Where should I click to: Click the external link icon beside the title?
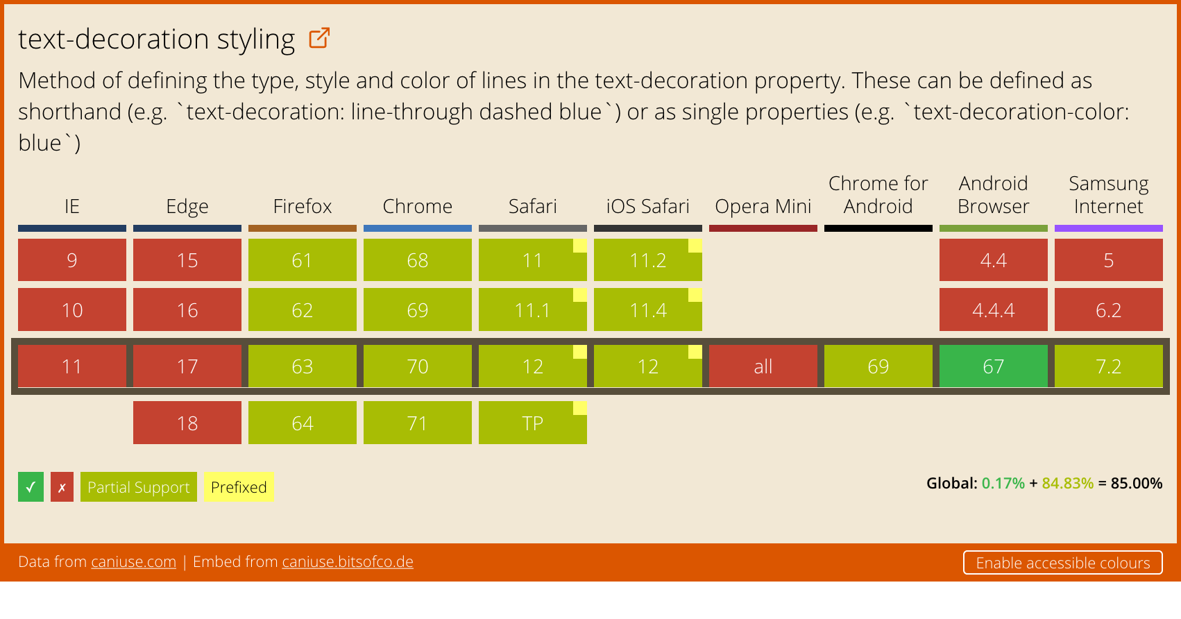click(x=319, y=38)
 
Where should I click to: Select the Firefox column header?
click(x=302, y=206)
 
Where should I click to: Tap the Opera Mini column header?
click(x=763, y=206)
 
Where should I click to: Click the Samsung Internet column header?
click(x=1108, y=194)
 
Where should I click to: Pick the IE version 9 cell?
click(x=72, y=260)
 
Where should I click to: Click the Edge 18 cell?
click(x=187, y=423)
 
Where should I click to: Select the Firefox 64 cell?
click(x=302, y=423)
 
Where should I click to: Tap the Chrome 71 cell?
click(x=418, y=423)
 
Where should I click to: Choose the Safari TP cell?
click(x=532, y=423)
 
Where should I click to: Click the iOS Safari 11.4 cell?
click(x=648, y=309)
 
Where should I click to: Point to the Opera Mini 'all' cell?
click(x=763, y=366)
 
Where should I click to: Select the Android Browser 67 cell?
click(x=994, y=366)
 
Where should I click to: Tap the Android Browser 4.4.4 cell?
click(x=994, y=309)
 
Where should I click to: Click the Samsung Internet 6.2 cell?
click(x=1108, y=309)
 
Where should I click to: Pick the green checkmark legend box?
click(x=31, y=486)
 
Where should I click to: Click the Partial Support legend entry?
click(x=139, y=486)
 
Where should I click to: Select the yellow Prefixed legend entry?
click(x=239, y=486)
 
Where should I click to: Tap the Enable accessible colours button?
click(x=1063, y=563)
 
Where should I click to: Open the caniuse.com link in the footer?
click(x=133, y=562)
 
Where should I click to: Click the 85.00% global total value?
click(x=1136, y=484)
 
